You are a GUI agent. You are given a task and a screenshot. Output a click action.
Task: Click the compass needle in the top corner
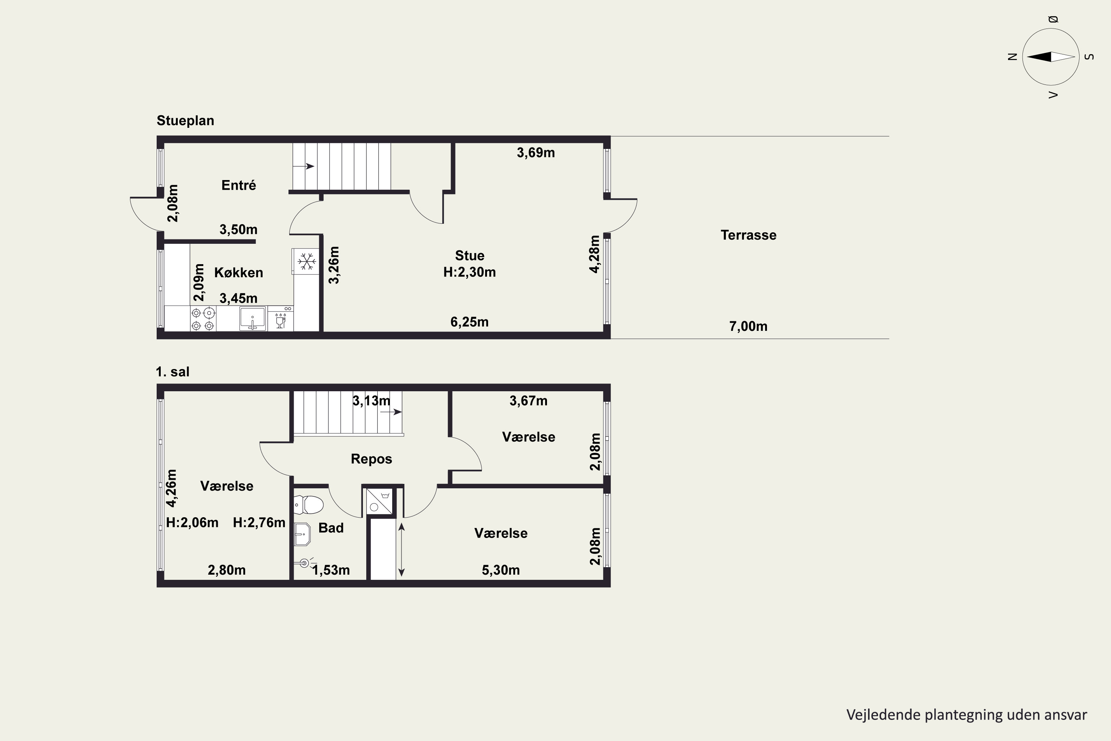pos(1051,57)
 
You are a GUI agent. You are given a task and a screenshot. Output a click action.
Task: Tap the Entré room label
pos(238,185)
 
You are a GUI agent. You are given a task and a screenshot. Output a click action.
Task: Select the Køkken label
pos(238,272)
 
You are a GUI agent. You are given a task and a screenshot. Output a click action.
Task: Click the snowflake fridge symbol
pos(307,261)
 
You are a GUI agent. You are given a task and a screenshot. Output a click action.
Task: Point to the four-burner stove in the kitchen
pos(203,319)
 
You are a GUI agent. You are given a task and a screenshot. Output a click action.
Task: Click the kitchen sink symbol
pos(253,318)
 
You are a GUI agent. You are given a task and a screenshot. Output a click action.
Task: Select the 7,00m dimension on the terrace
pos(748,326)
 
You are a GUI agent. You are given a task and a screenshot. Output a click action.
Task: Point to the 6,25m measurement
pos(470,322)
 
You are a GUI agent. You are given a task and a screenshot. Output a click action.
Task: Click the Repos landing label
pos(371,459)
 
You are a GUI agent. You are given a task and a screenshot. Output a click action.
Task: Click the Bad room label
pos(331,528)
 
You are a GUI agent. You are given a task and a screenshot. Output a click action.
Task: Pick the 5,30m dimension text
pos(501,570)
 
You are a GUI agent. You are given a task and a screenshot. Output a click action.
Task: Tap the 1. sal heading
pos(173,372)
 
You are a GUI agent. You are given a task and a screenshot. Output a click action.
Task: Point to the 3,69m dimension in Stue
pos(536,153)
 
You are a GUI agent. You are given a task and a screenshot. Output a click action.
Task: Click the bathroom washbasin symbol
pos(302,534)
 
